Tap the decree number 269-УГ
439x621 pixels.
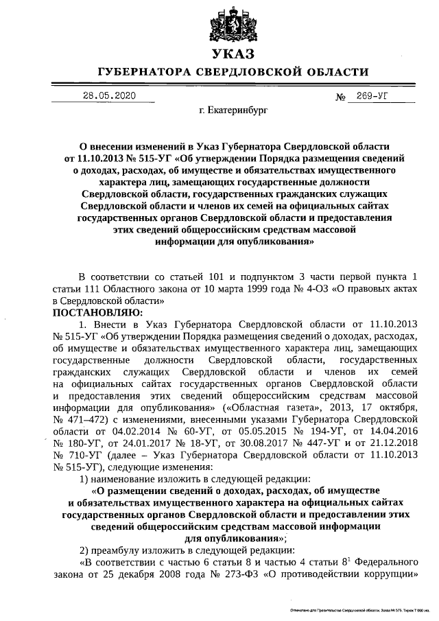372,96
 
